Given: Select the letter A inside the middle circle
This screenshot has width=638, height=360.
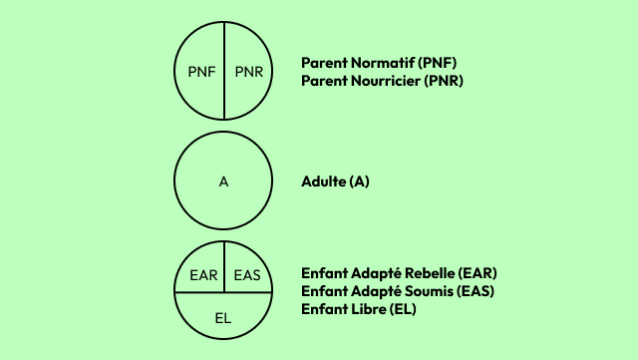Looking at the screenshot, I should [x=224, y=182].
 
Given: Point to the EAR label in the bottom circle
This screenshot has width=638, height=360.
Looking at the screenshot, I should [x=202, y=274].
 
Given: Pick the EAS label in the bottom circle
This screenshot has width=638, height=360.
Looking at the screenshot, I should [x=247, y=274].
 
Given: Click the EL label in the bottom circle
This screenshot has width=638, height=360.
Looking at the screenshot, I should [x=224, y=317].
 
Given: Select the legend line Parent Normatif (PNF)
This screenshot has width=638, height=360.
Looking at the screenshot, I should [x=379, y=62].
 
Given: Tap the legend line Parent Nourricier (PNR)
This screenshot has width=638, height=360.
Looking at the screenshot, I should [x=383, y=80].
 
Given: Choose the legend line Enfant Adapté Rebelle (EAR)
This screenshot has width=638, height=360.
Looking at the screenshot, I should [x=399, y=273].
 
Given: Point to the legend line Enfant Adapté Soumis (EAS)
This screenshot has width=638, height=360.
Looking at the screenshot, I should [x=398, y=291].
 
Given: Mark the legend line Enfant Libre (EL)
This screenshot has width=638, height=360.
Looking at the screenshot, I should [x=359, y=309].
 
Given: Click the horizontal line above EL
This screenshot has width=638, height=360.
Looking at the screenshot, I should [x=199, y=293].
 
